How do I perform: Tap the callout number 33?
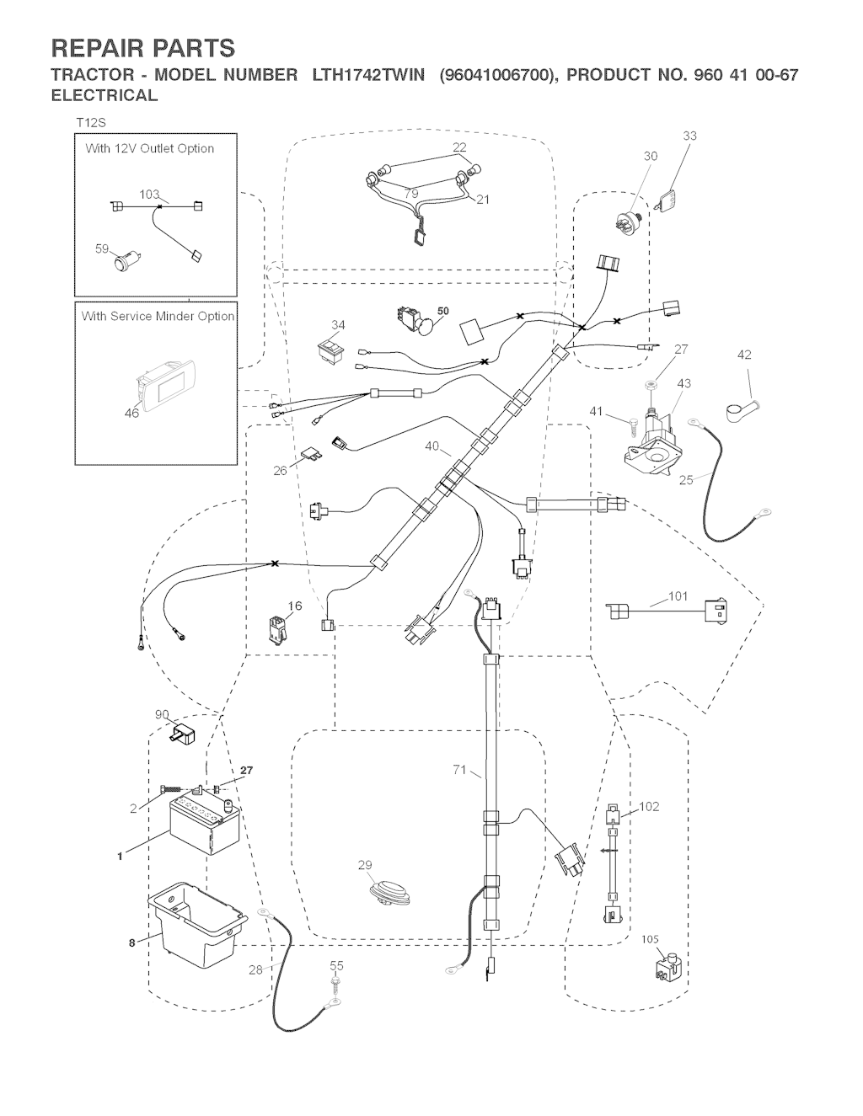(x=689, y=136)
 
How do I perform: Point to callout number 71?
(x=459, y=769)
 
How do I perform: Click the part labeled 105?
(x=667, y=969)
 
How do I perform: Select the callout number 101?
(x=678, y=597)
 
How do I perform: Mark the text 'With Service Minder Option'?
(x=158, y=317)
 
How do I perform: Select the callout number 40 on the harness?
(x=432, y=447)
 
